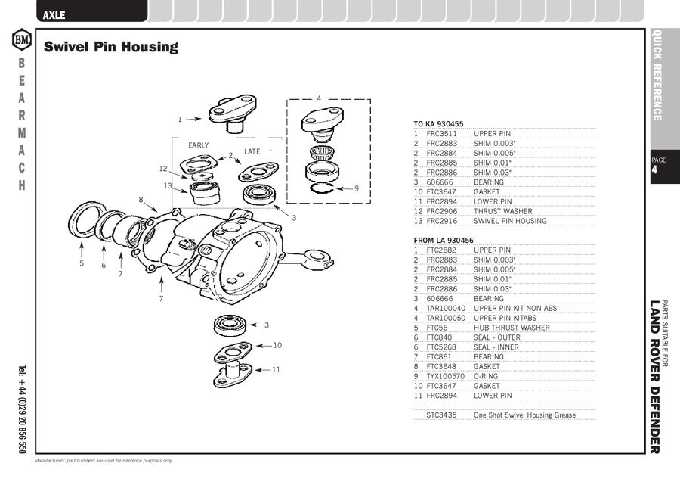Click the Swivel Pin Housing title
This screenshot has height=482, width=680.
tap(111, 47)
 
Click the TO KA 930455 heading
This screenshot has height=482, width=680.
tap(438, 123)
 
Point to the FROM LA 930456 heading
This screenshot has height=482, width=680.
tap(444, 240)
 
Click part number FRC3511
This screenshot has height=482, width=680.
tap(441, 133)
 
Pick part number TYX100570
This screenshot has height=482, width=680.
tap(445, 376)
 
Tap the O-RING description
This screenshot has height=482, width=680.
tap(487, 376)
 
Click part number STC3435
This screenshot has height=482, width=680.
tap(441, 415)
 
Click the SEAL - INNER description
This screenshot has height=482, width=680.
tap(496, 347)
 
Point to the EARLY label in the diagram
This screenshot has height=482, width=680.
tap(199, 145)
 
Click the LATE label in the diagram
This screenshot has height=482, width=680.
tap(252, 152)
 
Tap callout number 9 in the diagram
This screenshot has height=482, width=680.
tap(357, 188)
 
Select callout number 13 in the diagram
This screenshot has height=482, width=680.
tap(168, 185)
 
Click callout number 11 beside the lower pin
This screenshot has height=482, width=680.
tap(277, 369)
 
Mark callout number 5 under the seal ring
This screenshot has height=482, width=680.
tap(82, 264)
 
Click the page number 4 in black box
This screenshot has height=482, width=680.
tap(654, 169)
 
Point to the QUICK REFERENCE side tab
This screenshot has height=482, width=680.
tap(657, 75)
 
